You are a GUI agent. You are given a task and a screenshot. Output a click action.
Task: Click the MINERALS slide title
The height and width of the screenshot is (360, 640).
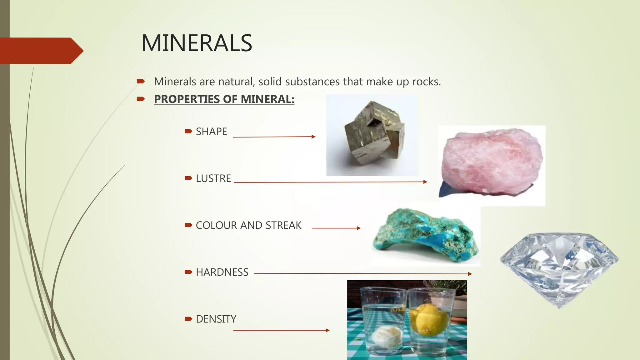(x=197, y=43)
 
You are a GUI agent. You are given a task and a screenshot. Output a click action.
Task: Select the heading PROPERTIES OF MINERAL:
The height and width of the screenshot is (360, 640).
(x=224, y=99)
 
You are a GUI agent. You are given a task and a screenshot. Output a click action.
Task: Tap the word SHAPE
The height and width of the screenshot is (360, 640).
(x=211, y=132)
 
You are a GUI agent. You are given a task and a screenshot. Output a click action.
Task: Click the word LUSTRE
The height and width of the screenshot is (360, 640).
(x=213, y=178)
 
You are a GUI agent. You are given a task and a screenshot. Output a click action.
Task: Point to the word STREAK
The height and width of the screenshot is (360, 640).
(x=283, y=225)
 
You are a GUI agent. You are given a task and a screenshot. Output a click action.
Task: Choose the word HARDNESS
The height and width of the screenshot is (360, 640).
(x=222, y=272)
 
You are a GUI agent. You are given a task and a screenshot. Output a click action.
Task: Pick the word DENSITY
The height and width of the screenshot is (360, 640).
(x=216, y=319)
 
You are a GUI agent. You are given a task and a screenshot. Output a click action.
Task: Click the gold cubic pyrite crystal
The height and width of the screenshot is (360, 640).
(x=373, y=134)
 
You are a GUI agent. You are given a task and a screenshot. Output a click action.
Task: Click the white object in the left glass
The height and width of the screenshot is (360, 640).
(x=387, y=337)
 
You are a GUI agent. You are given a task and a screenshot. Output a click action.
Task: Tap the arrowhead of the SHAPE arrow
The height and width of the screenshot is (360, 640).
(x=314, y=137)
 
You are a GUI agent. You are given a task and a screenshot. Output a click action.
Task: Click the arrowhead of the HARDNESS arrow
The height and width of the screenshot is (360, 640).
(x=470, y=274)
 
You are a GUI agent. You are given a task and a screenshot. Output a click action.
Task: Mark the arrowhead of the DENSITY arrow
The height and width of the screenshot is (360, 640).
(x=327, y=330)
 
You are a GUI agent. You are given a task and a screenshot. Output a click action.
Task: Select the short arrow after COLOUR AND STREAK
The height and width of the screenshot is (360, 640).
(x=336, y=228)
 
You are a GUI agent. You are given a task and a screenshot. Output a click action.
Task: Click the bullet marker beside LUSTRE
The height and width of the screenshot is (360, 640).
(x=188, y=178)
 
